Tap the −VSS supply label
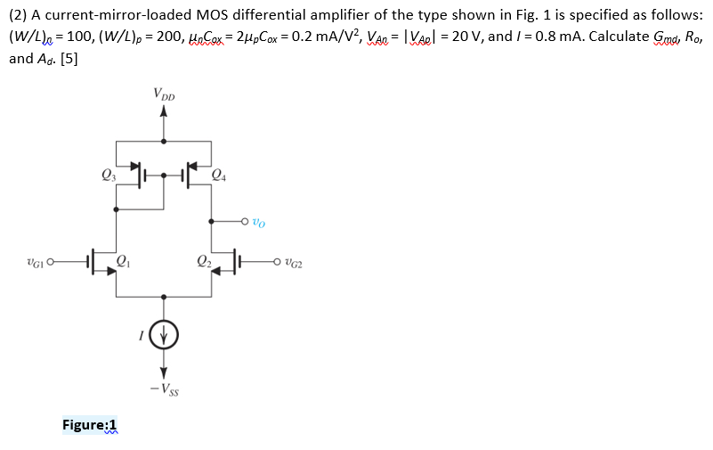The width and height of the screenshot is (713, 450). [x=163, y=389]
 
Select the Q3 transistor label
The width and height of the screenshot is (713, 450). [x=108, y=175]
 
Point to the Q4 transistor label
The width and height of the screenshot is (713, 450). [x=220, y=175]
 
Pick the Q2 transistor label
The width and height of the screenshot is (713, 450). [x=204, y=261]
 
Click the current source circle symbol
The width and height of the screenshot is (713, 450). [x=163, y=336]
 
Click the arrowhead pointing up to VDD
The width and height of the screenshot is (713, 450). [x=163, y=112]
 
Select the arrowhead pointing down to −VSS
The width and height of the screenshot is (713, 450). [x=163, y=372]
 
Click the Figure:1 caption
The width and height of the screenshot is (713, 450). [x=90, y=424]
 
